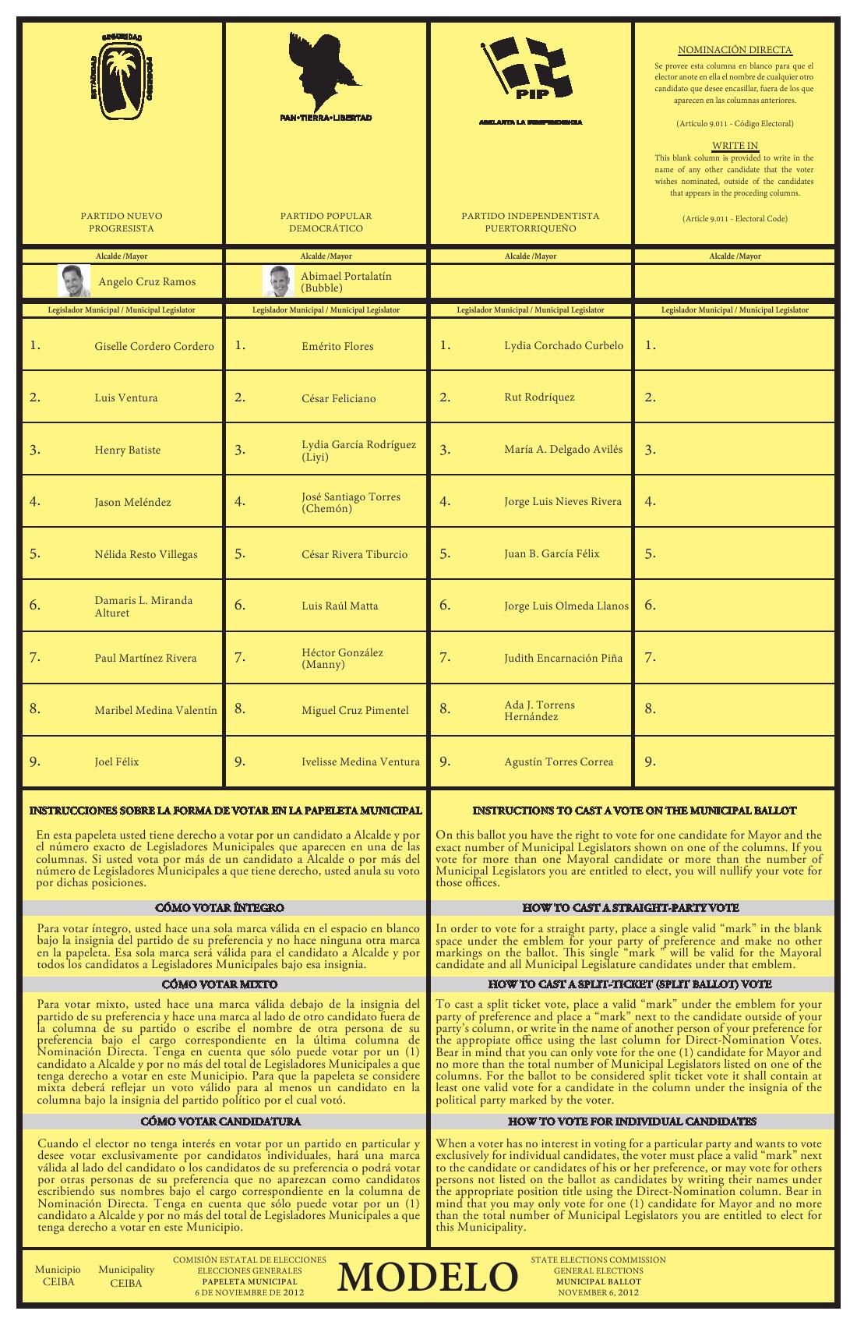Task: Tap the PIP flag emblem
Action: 530,70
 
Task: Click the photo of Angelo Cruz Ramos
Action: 74,281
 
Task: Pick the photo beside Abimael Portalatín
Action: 278,281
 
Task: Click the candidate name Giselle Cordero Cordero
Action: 154,346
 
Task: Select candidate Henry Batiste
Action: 128,450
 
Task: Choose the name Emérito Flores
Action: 337,346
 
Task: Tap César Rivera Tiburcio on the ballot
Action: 354,554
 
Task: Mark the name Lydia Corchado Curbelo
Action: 563,345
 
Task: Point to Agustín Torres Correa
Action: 559,761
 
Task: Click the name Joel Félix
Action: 117,761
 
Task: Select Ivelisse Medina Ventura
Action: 361,761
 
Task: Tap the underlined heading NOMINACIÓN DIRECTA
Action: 735,50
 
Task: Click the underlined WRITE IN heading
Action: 735,146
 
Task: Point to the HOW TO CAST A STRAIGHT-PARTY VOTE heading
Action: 630,908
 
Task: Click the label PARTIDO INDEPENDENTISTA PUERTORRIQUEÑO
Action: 530,222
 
